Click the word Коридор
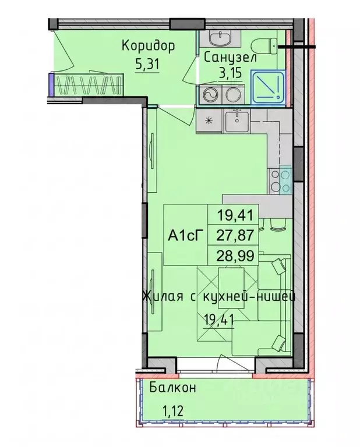(148, 47)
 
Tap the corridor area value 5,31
(147, 65)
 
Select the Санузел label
(231, 58)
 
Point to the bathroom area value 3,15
(231, 73)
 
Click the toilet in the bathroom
(264, 46)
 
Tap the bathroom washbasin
(220, 38)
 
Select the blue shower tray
(268, 87)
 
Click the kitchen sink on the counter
(237, 122)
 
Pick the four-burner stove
(281, 182)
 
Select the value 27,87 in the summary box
(235, 236)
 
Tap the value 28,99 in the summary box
(235, 256)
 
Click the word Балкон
(173, 388)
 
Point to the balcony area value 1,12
(172, 411)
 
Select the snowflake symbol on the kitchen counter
(210, 120)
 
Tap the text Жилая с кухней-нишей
(219, 297)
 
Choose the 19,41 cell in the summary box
(235, 215)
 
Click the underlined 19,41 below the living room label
(219, 320)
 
